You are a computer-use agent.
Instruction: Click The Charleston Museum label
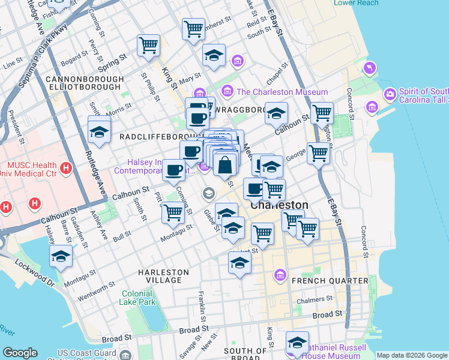pyautogui.click(x=282, y=92)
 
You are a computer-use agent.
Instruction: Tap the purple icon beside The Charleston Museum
pyautogui.click(x=228, y=92)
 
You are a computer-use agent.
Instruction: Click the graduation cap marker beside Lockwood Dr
pyautogui.click(x=61, y=257)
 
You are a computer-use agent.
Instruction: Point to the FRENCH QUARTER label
pyautogui.click(x=330, y=281)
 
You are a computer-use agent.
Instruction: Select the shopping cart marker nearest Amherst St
pyautogui.click(x=193, y=28)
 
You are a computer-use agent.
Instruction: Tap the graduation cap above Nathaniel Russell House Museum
pyautogui.click(x=297, y=343)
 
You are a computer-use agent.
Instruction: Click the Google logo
pyautogui.click(x=20, y=353)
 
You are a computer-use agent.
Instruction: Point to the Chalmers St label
pyautogui.click(x=316, y=299)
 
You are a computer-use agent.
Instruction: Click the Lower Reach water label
pyautogui.click(x=356, y=3)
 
